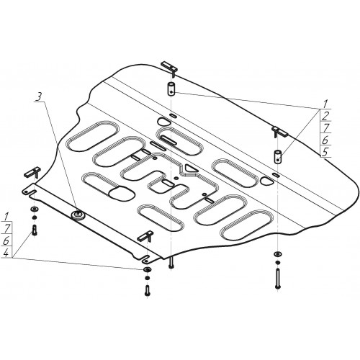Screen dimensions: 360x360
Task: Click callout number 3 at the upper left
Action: click(39, 97)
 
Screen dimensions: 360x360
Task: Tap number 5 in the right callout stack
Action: click(325, 153)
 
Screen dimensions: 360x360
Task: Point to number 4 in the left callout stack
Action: click(6, 253)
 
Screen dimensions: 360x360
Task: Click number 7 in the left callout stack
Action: click(6, 228)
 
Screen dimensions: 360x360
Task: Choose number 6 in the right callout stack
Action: click(325, 140)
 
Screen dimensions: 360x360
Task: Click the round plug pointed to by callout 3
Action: click(78, 215)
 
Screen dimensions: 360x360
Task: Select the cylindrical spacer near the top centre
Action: click(171, 89)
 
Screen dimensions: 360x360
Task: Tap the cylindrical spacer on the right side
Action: click(278, 157)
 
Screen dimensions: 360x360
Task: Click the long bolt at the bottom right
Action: click(278, 279)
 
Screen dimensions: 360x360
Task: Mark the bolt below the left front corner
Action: click(35, 230)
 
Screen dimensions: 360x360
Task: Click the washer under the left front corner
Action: click(35, 209)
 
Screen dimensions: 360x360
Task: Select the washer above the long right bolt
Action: click(278, 254)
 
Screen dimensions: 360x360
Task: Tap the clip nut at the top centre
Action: click(170, 68)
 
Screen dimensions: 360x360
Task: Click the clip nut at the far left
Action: click(32, 172)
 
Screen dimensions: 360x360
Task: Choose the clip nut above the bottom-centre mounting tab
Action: click(145, 236)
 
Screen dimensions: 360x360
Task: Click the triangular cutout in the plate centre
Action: click(191, 168)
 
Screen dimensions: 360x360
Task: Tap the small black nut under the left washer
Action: click(35, 217)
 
